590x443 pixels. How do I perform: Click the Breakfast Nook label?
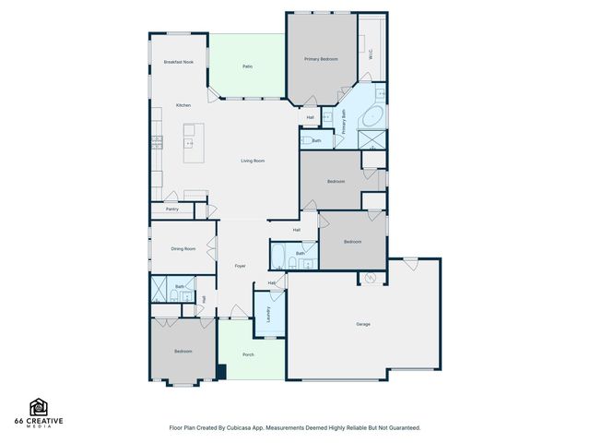178,62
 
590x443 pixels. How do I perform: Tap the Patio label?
248,66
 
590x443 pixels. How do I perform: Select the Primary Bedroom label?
322,59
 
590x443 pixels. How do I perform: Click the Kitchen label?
183,105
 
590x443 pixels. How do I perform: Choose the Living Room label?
254,162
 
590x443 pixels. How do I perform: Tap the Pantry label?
172,210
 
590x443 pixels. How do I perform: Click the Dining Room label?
183,248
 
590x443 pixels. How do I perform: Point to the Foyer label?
240,266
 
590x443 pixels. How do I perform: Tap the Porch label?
248,354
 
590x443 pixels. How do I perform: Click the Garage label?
363,324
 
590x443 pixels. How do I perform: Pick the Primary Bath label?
344,123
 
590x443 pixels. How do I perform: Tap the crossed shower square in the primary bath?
374,141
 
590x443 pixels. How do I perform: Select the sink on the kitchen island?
190,143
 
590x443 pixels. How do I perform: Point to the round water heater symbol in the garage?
372,278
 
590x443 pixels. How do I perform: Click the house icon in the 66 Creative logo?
39,406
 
